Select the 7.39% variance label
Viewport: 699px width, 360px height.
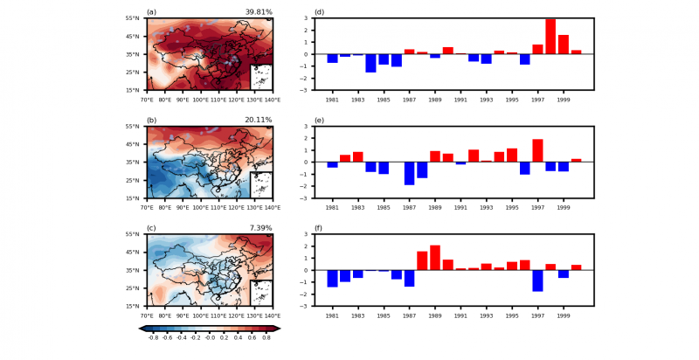pos(261,229)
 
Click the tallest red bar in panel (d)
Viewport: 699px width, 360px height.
pos(550,36)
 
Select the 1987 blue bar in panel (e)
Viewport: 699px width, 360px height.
pos(409,173)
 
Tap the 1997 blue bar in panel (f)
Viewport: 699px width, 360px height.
pos(538,280)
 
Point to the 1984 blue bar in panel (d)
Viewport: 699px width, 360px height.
pos(370,63)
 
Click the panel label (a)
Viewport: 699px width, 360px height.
pos(151,12)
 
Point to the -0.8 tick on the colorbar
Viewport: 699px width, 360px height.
pos(152,337)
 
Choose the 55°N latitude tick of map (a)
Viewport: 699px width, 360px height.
pos(133,18)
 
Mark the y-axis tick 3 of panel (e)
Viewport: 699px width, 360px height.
pos(307,127)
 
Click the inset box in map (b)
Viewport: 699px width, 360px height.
pos(261,184)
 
